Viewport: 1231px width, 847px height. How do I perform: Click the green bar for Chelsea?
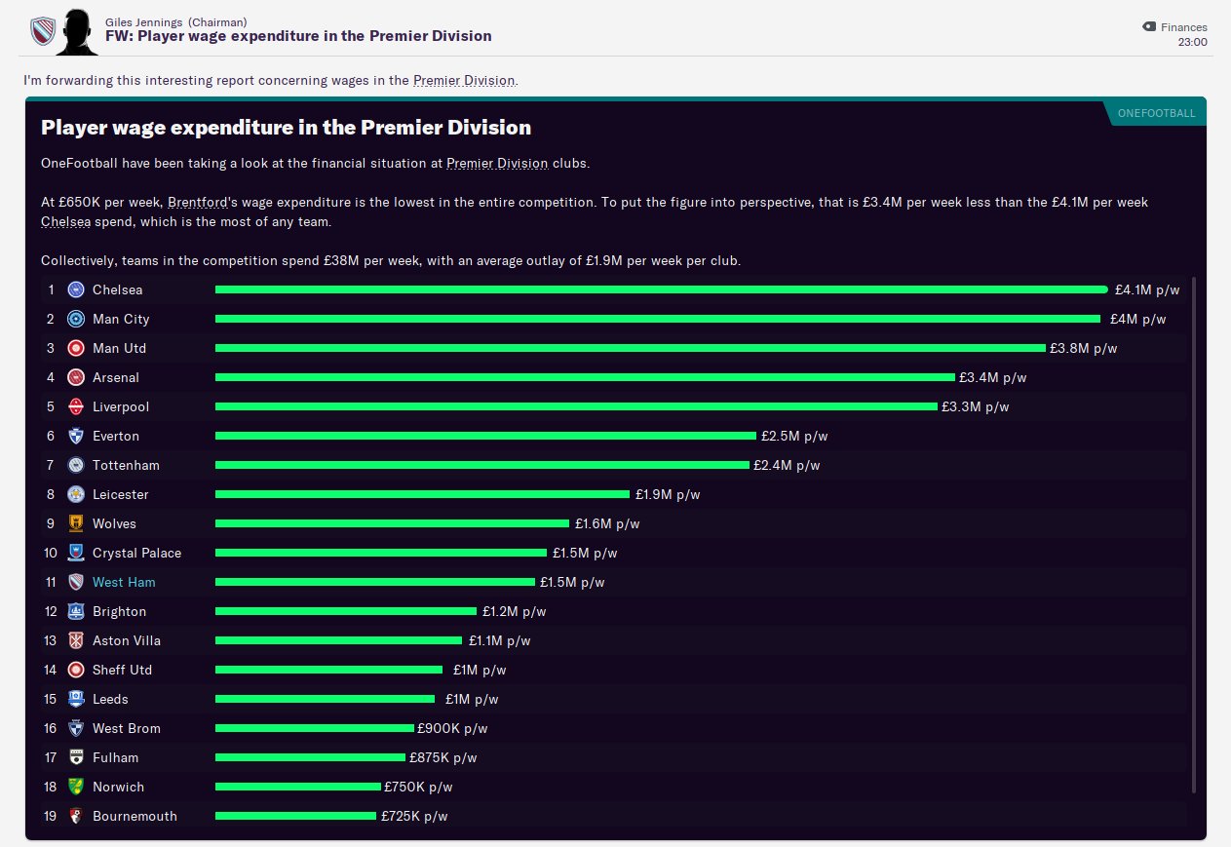pyautogui.click(x=661, y=289)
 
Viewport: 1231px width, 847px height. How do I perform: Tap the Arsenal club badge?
pyautogui.click(x=76, y=377)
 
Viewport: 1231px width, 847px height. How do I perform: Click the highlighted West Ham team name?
pyautogui.click(x=124, y=582)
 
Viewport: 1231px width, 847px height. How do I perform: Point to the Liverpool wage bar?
pyautogui.click(x=575, y=406)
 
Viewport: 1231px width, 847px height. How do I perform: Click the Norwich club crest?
pyautogui.click(x=76, y=787)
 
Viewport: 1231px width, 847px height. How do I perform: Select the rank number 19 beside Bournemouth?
pyautogui.click(x=51, y=816)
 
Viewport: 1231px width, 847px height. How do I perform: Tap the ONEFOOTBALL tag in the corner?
pyautogui.click(x=1156, y=113)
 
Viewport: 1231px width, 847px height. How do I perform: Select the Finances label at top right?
pyautogui.click(x=1183, y=27)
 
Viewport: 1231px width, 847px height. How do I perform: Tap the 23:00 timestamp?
pyautogui.click(x=1192, y=43)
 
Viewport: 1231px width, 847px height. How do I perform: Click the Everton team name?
pyautogui.click(x=116, y=436)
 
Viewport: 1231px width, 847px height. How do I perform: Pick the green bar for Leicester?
pyautogui.click(x=422, y=494)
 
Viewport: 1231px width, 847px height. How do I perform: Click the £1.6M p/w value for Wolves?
pyautogui.click(x=606, y=523)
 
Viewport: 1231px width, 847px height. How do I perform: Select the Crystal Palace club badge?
pyautogui.click(x=76, y=553)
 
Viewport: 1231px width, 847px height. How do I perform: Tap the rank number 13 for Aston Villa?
pyautogui.click(x=51, y=640)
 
